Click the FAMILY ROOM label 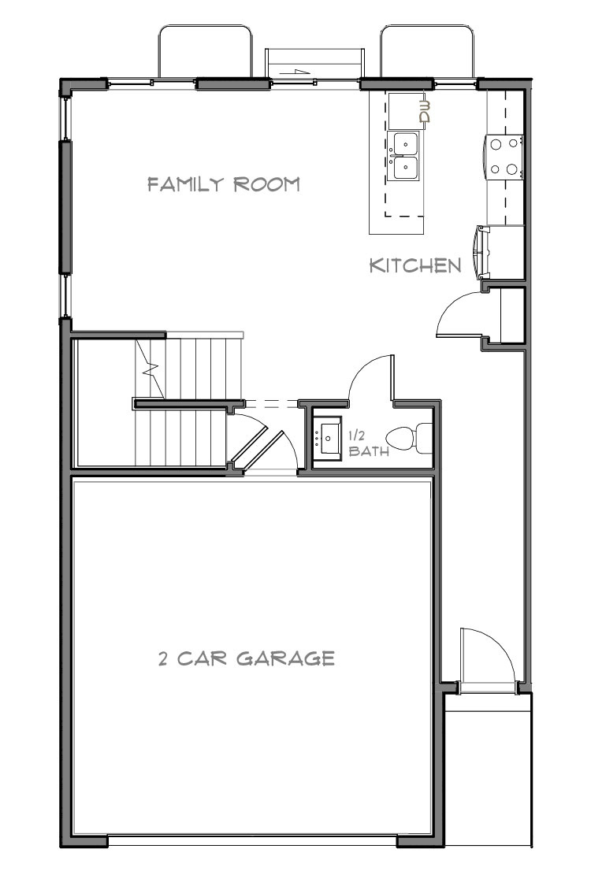pos(225,184)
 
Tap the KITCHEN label pos(415,265)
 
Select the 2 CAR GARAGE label pos(247,658)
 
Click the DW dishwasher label pos(426,112)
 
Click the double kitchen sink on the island pos(406,156)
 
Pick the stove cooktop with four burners pos(506,156)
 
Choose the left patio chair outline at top pos(206,50)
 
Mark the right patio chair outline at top pos(427,50)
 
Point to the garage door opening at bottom pos(252,840)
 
